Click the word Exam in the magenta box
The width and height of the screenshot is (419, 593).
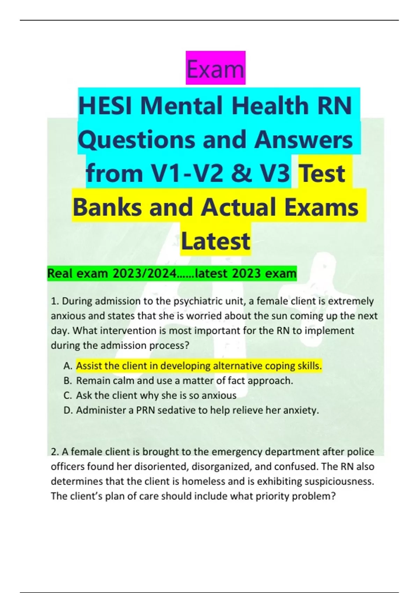[215, 69]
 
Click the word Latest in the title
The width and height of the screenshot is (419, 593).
[215, 241]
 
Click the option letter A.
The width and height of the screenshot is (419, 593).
[67, 366]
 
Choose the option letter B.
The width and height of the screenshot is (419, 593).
[67, 381]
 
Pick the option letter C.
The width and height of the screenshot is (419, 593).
[67, 395]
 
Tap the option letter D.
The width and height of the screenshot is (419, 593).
[68, 410]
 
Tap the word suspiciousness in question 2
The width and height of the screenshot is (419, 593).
[339, 481]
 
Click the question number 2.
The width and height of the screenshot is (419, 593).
[54, 452]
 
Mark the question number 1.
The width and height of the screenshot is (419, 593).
[54, 301]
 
